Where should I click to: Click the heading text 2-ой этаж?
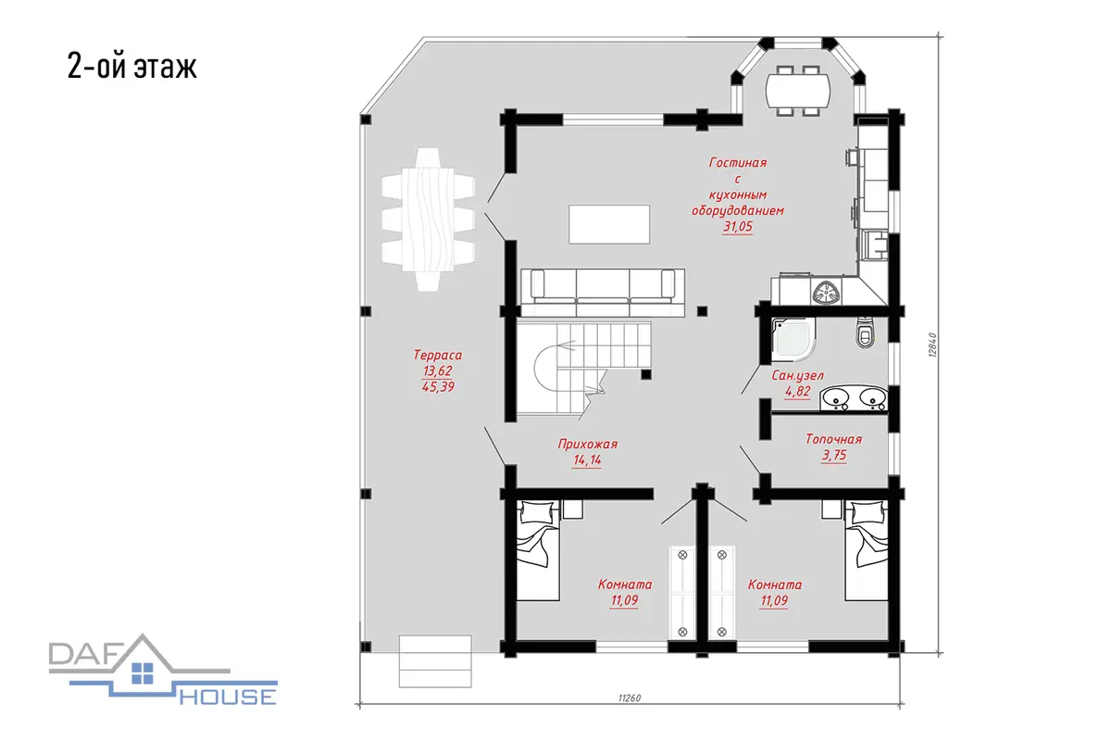coord(131,66)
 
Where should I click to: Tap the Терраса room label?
coord(438,355)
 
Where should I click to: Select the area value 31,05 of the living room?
coord(738,227)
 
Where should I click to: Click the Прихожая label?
coord(588,445)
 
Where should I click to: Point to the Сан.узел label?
coord(797,376)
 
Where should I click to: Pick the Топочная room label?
coord(834,439)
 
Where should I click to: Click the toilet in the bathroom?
coord(865,333)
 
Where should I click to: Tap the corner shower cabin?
coord(793,340)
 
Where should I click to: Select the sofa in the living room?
coord(603,293)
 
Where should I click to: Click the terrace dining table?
coord(428,220)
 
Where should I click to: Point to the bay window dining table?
coord(798,91)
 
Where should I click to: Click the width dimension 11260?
coord(630,697)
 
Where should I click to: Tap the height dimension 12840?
coord(932,345)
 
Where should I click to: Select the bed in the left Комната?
coord(538,550)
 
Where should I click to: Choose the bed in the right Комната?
coord(867,550)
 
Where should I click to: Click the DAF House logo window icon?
coord(143,673)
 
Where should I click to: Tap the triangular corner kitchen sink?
coord(827,293)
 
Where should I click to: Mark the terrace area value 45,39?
coord(438,386)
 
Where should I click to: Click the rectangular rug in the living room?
coord(609,224)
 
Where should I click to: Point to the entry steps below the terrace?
coord(435,661)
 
